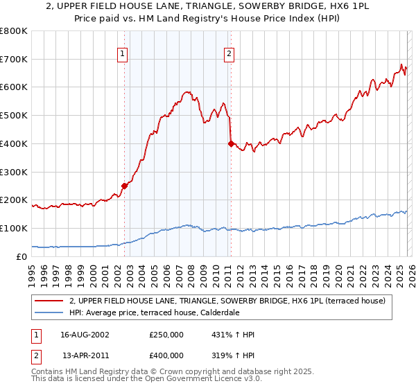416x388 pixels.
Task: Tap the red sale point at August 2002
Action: (125, 186)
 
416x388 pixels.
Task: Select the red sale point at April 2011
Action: (231, 143)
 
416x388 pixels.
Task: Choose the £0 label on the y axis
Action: (22, 256)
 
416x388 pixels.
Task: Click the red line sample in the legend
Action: (50, 301)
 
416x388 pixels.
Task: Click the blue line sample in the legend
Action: (50, 312)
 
